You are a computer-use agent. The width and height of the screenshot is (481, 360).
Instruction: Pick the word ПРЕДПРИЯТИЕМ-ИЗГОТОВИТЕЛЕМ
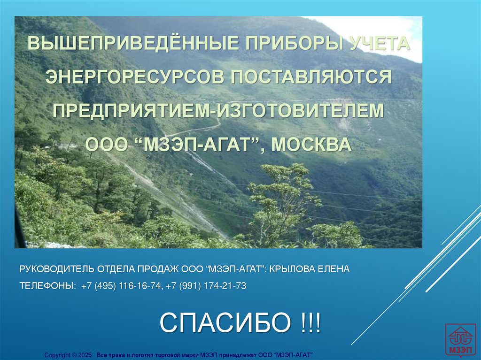tap(218, 111)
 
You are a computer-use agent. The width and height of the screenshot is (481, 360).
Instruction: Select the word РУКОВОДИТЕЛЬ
tap(57, 269)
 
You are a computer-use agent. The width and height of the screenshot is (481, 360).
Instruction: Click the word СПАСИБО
tap(223, 322)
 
